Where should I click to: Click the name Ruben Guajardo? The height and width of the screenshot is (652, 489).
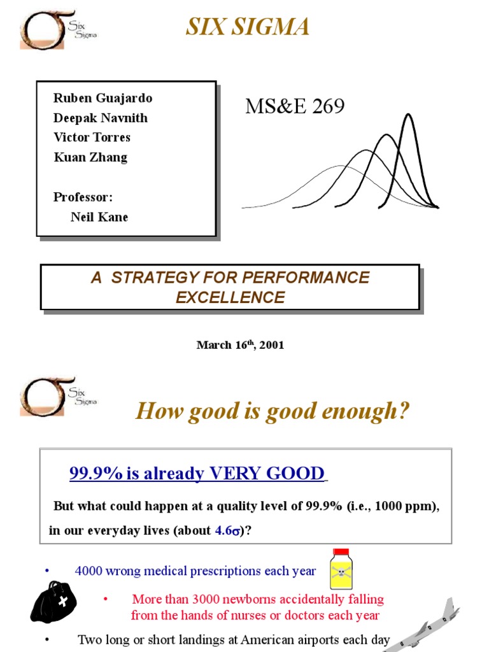[103, 98]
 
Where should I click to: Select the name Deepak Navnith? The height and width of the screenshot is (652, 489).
[101, 118]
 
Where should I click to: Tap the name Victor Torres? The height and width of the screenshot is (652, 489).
[92, 138]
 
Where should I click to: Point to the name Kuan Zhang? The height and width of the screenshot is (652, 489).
[90, 157]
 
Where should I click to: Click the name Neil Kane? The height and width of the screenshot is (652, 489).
[99, 217]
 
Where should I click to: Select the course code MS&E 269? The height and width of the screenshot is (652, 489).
[295, 107]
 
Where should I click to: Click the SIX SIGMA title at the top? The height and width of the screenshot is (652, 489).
[248, 27]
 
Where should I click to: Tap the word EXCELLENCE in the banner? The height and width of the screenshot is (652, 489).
[230, 297]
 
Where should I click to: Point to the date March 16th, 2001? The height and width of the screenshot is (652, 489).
[240, 345]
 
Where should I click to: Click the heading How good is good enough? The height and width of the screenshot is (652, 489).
[273, 411]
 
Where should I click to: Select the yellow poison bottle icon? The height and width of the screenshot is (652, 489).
[341, 569]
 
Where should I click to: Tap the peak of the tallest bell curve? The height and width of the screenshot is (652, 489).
[408, 115]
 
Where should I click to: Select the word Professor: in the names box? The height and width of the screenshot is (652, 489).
[83, 197]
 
